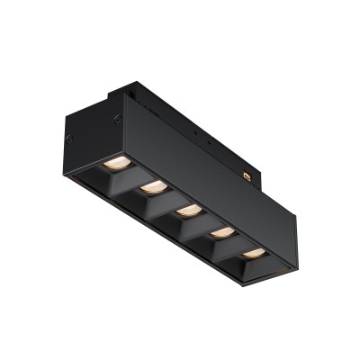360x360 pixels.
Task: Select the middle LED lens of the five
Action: coord(187,211)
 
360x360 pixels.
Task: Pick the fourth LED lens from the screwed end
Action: coord(221,232)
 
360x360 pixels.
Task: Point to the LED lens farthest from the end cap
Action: coord(255,253)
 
